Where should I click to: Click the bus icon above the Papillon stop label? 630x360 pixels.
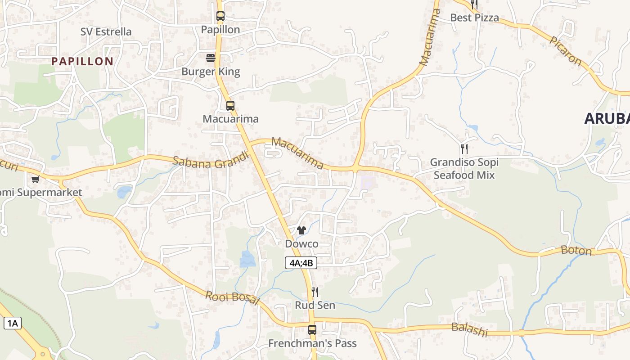coord(220,16)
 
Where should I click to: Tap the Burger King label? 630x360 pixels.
coord(211,72)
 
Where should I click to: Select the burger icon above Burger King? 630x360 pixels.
coord(211,58)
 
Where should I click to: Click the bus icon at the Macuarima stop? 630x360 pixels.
coord(230,106)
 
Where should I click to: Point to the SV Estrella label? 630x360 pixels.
coord(106,31)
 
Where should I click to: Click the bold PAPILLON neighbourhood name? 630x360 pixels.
coord(82,62)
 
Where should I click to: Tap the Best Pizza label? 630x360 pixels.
coord(475,18)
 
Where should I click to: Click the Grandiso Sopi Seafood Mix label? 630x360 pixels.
coord(464,169)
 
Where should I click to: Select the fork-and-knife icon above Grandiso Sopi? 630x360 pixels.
coord(464,148)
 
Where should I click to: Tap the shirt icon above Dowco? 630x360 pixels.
coord(301,230)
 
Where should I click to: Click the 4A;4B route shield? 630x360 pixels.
coord(301,263)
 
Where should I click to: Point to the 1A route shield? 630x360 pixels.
coord(13,323)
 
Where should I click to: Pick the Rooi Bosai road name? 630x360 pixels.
coord(232,298)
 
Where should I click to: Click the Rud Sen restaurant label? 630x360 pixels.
coord(315,305)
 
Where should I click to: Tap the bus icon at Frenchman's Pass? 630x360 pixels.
coord(312,329)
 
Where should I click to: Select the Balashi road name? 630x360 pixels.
coord(469,329)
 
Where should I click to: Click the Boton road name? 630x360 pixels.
coord(576,251)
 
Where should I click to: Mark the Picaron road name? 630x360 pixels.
coord(565,50)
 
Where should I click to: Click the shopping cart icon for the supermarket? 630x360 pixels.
coord(35,179)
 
